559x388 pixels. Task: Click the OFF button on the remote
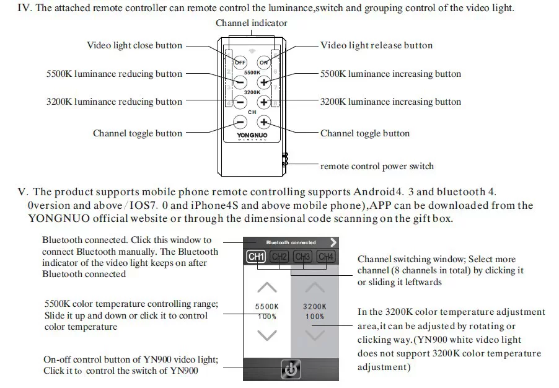click(x=240, y=62)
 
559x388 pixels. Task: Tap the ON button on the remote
click(x=264, y=62)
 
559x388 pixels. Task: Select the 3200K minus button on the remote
click(x=240, y=102)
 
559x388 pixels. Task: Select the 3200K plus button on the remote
click(x=264, y=102)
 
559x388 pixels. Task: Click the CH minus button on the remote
click(x=240, y=123)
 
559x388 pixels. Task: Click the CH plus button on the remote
click(x=264, y=123)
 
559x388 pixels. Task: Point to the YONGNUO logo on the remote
click(x=252, y=134)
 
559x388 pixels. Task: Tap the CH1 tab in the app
click(x=256, y=257)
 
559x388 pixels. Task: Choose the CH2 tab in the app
click(x=279, y=257)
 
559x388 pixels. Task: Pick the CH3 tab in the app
click(x=302, y=257)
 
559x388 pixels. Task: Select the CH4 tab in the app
click(x=325, y=257)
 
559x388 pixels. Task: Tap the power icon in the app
click(x=291, y=369)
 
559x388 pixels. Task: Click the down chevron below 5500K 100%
click(x=266, y=335)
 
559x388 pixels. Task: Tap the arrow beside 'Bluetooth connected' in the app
click(x=334, y=242)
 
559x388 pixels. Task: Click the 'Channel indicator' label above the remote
click(x=252, y=23)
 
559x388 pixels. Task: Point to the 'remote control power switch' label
click(x=377, y=166)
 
